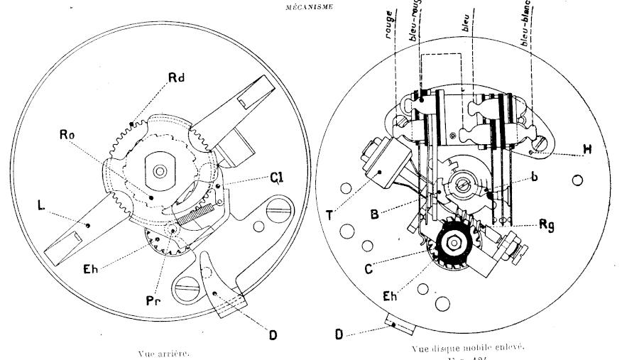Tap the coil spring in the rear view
click(x=196, y=211)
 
